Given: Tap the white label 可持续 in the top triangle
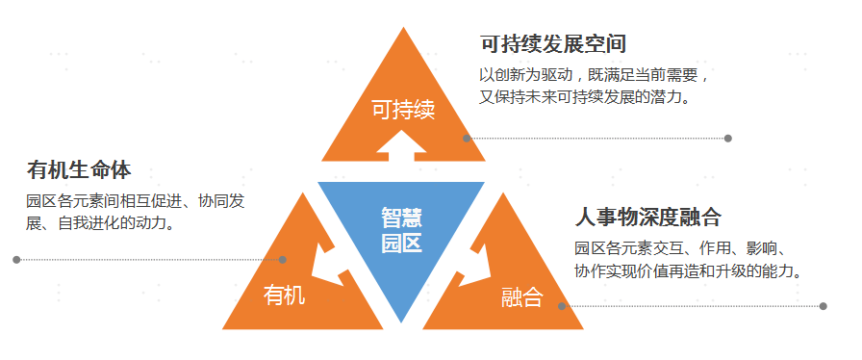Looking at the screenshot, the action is tap(403, 110).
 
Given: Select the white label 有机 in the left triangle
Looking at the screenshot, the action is tap(284, 296).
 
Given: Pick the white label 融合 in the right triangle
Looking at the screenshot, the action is tap(521, 297).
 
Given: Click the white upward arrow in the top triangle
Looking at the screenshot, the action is tap(401, 146).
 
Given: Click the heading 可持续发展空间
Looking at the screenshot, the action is tap(553, 44).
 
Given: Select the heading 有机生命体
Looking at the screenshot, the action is tap(79, 170).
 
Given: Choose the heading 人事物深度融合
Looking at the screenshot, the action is tap(647, 218).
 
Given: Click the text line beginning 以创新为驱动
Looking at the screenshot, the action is tap(596, 75).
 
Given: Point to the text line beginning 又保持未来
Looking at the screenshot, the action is tap(584, 97).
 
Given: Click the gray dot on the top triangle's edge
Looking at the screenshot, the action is tap(467, 139).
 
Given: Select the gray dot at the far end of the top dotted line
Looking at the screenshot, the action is tap(728, 139).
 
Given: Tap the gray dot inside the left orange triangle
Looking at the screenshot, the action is tap(283, 259).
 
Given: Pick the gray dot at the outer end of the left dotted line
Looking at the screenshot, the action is tap(16, 259).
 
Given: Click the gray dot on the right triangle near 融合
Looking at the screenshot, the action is tap(562, 306).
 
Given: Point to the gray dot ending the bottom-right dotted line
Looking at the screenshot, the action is tap(823, 306).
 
